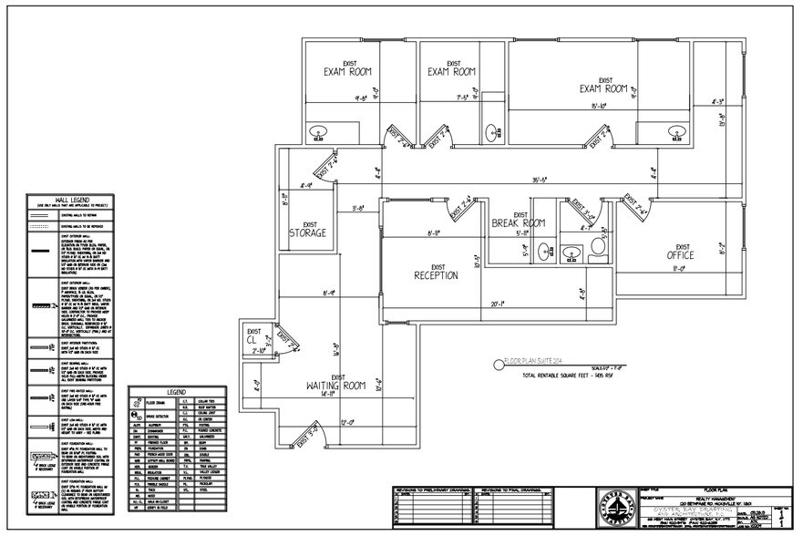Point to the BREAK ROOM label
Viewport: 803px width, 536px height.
pyautogui.click(x=518, y=222)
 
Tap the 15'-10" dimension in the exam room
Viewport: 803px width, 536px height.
pyautogui.click(x=598, y=107)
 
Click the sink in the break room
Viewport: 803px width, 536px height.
pyautogui.click(x=544, y=249)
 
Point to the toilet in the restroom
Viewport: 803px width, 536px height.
pyautogui.click(x=599, y=245)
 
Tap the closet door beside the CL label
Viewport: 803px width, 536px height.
pyautogui.click(x=288, y=342)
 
